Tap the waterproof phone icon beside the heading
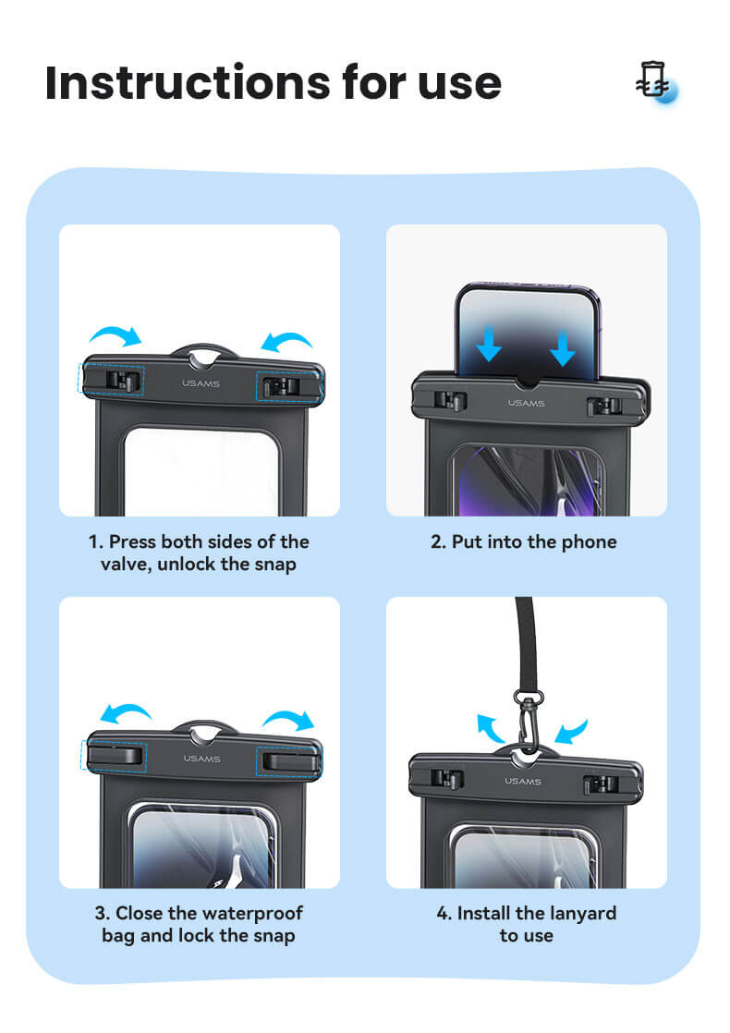pos(656,82)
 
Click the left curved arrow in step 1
pos(116,335)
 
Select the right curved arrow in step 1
pos(286,341)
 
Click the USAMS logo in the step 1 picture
pos(201,383)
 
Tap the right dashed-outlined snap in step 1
pos(288,386)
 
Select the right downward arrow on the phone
pos(563,347)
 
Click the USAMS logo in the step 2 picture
pos(527,403)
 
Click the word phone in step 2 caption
pos(589,542)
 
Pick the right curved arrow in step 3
pos(288,719)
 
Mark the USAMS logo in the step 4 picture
pos(523,781)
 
